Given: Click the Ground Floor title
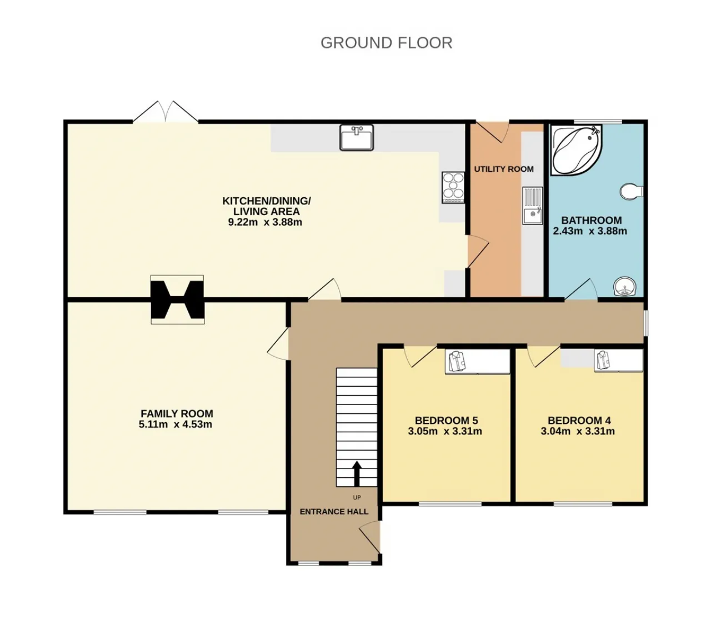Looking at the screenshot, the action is tap(387, 43).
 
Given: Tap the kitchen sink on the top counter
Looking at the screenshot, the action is tap(356, 137).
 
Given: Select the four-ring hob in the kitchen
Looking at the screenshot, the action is tap(453, 187).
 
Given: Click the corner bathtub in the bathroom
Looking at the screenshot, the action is tap(576, 150).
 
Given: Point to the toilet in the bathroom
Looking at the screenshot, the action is tap(632, 192).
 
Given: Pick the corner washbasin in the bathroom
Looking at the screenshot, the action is tap(625, 287).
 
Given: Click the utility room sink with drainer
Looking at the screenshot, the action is tap(532, 206).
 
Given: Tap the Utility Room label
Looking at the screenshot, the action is tap(504, 169).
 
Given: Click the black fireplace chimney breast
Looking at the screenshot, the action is tap(178, 299).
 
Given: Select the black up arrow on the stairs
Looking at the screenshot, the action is tap(357, 473).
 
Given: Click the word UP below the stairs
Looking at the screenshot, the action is tap(357, 497).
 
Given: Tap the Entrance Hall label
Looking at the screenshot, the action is tap(334, 512).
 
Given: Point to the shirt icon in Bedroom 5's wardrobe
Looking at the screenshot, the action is tap(457, 362).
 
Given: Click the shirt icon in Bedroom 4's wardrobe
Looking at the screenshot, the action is tap(602, 360).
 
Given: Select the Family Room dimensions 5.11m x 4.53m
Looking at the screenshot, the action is tap(176, 425).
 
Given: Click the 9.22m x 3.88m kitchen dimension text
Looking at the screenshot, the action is tap(265, 222).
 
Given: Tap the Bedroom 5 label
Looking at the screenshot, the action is tap(447, 420).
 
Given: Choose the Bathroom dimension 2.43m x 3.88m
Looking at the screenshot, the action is tap(590, 231).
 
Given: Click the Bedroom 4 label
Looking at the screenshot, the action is tap(579, 420).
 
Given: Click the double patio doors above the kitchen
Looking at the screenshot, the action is tap(166, 112).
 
